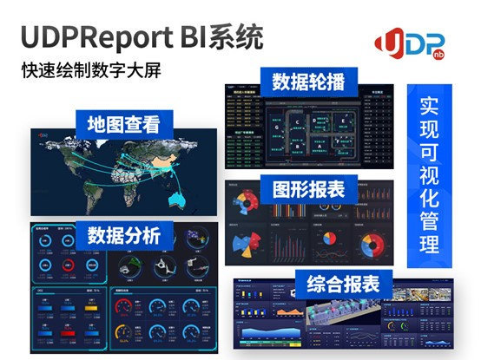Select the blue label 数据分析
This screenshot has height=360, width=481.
pos(123,234)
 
